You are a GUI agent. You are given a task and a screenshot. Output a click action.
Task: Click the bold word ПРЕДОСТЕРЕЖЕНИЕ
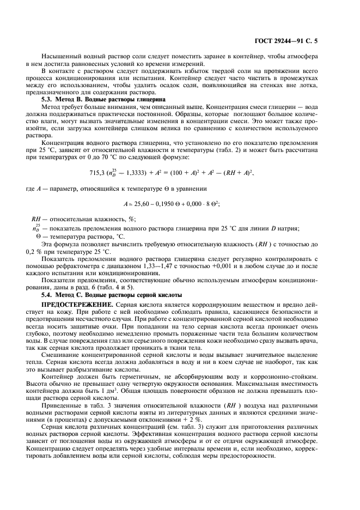(76, 302)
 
